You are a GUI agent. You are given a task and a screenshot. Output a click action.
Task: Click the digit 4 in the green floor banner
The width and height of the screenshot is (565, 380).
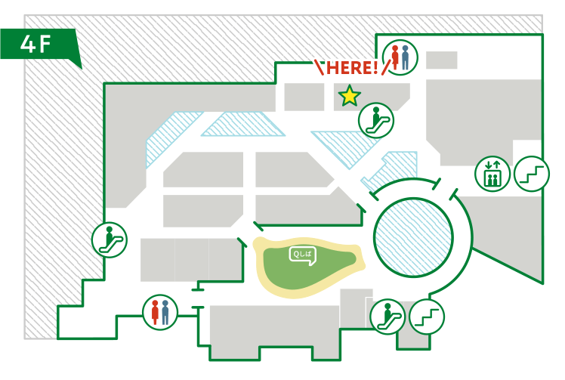point(27,45)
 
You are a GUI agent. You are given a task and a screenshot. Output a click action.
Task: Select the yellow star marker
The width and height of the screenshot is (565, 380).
point(350,96)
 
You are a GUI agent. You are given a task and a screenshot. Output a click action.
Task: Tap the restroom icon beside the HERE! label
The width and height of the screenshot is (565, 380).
point(400,57)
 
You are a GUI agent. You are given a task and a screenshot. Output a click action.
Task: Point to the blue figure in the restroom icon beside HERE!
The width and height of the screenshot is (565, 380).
point(406,57)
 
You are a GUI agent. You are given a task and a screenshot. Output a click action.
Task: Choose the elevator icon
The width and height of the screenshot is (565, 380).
point(491,175)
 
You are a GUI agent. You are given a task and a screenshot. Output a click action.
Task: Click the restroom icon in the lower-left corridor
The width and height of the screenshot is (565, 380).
point(160,311)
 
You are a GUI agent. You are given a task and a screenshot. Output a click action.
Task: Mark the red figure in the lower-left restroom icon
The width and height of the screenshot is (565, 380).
point(155,311)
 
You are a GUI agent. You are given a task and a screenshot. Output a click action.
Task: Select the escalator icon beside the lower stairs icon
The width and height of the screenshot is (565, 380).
point(387,315)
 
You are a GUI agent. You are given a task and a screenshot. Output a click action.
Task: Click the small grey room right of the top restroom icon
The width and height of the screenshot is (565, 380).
point(442,60)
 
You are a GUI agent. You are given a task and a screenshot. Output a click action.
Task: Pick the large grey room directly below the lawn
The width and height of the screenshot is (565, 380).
point(272,329)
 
